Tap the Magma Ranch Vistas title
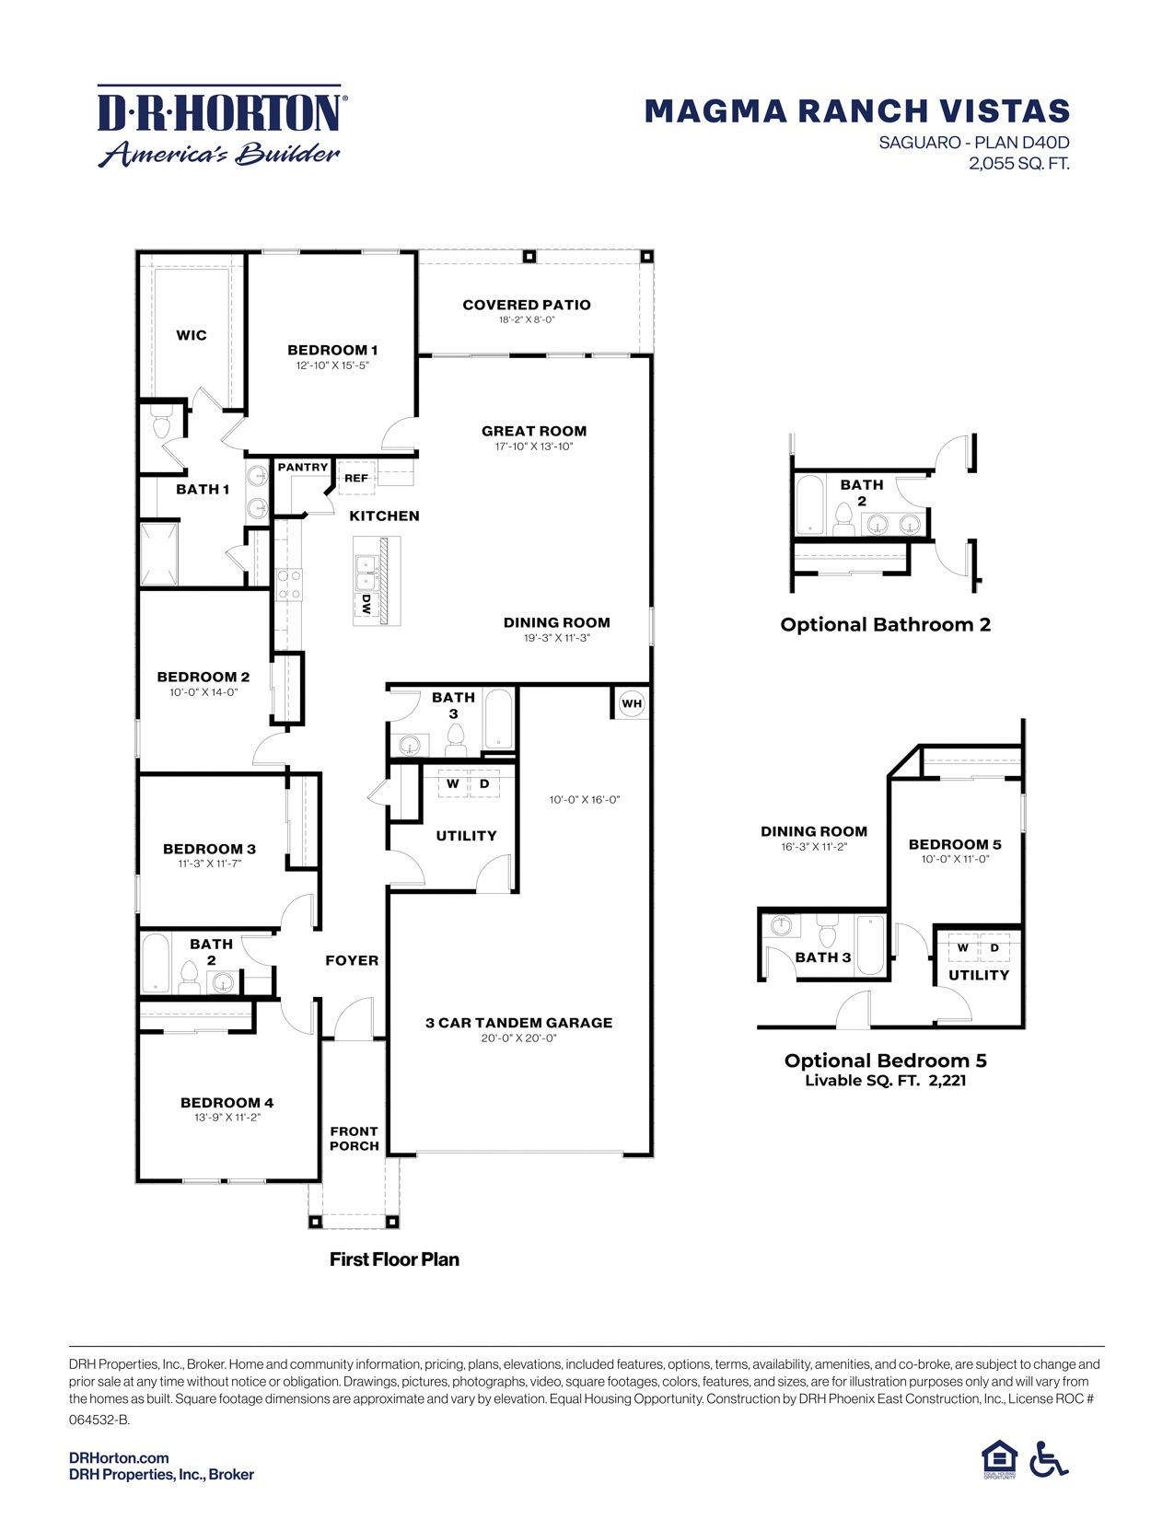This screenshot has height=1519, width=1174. click(856, 111)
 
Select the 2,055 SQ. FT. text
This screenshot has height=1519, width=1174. click(1018, 165)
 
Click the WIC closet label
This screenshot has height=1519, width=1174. click(192, 335)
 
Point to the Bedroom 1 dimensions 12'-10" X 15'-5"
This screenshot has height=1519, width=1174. click(332, 365)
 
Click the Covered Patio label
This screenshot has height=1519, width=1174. click(527, 305)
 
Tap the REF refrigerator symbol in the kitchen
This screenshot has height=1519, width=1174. click(356, 478)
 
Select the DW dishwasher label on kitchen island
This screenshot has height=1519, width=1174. click(366, 605)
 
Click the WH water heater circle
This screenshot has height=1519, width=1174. click(632, 704)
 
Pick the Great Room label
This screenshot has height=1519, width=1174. click(534, 431)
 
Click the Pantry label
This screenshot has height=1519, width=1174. click(303, 468)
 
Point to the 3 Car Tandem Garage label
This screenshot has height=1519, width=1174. click(518, 1023)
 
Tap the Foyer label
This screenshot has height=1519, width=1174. click(352, 960)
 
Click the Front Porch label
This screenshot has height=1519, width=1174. click(355, 1139)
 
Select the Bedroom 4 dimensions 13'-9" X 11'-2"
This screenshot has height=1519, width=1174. click(227, 1118)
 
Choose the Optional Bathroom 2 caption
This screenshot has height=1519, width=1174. click(885, 625)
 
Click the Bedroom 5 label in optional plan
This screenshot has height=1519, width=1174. click(955, 844)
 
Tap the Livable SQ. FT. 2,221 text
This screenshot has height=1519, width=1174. click(885, 1081)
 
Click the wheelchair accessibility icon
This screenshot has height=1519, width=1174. click(1049, 1459)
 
